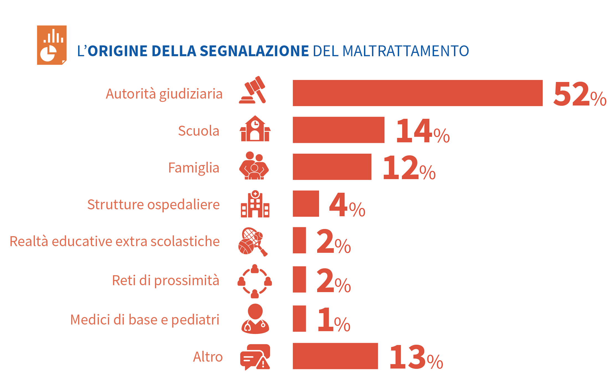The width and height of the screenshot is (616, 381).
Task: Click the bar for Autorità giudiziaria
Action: (x=417, y=93)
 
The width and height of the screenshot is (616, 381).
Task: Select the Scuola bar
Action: (x=338, y=130)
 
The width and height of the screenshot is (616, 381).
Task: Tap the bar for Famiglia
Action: (x=332, y=167)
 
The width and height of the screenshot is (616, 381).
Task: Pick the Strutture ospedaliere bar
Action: (x=306, y=204)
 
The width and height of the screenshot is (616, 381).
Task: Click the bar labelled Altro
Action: (x=335, y=356)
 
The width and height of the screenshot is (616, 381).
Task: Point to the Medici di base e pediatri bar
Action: (x=299, y=318)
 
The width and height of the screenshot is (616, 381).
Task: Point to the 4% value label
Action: (x=347, y=205)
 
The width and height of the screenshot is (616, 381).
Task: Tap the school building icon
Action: (x=255, y=129)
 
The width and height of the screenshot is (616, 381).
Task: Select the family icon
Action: (x=254, y=166)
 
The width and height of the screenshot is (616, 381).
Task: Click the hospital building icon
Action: (x=255, y=204)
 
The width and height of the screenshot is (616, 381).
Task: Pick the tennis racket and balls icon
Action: (x=253, y=242)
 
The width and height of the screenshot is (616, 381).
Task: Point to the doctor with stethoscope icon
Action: (x=255, y=319)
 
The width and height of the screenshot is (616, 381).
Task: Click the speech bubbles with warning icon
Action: (x=255, y=357)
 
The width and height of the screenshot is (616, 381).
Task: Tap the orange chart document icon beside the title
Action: (x=52, y=45)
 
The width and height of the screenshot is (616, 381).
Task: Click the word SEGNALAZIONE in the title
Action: (x=254, y=51)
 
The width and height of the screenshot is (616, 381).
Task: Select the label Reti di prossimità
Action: (x=166, y=280)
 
